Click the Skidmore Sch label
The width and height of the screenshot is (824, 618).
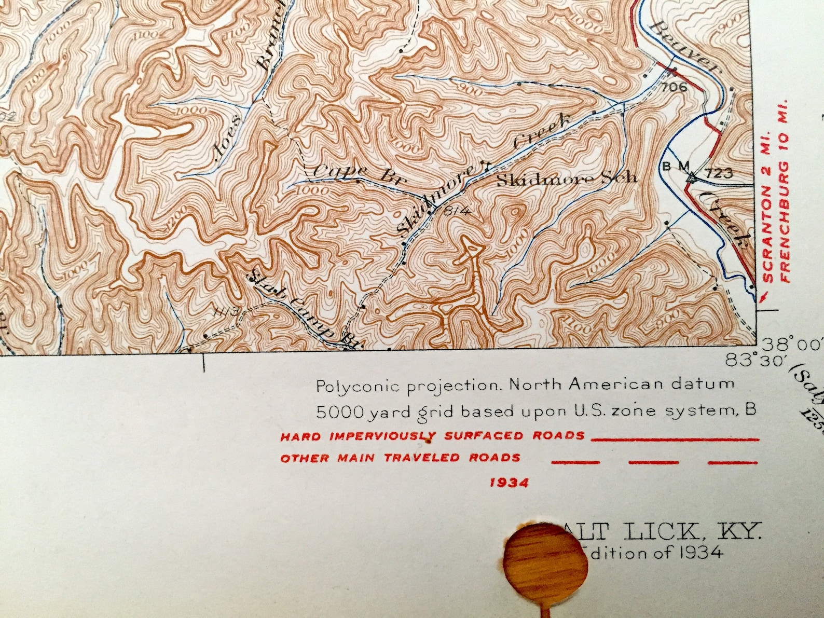(567, 179)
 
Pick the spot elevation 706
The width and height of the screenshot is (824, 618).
(675, 87)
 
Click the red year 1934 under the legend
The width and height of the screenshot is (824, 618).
(509, 483)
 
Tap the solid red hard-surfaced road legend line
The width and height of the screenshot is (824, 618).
(675, 439)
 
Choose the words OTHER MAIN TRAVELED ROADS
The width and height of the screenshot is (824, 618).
(400, 458)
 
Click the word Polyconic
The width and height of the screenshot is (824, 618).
(358, 386)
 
